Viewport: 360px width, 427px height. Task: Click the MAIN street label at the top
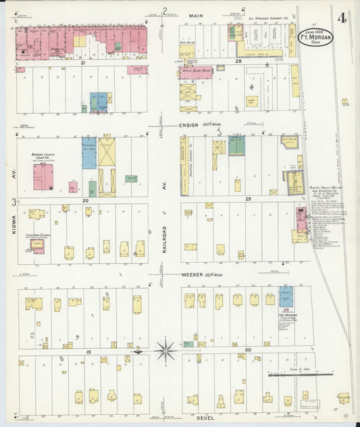point(197,15)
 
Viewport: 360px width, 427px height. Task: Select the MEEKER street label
point(193,275)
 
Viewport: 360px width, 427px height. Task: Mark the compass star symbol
point(165,351)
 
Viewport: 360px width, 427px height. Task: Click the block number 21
point(82,62)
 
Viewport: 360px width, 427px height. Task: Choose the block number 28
point(238,61)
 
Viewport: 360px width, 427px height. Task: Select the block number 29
point(248,199)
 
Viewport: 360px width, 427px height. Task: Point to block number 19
point(88,353)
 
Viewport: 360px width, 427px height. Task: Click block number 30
point(248,349)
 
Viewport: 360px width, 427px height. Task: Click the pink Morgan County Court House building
point(44,177)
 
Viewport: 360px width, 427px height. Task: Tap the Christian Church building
point(37,245)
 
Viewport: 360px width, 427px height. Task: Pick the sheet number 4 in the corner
point(343,18)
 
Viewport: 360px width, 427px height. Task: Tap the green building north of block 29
point(236,145)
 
